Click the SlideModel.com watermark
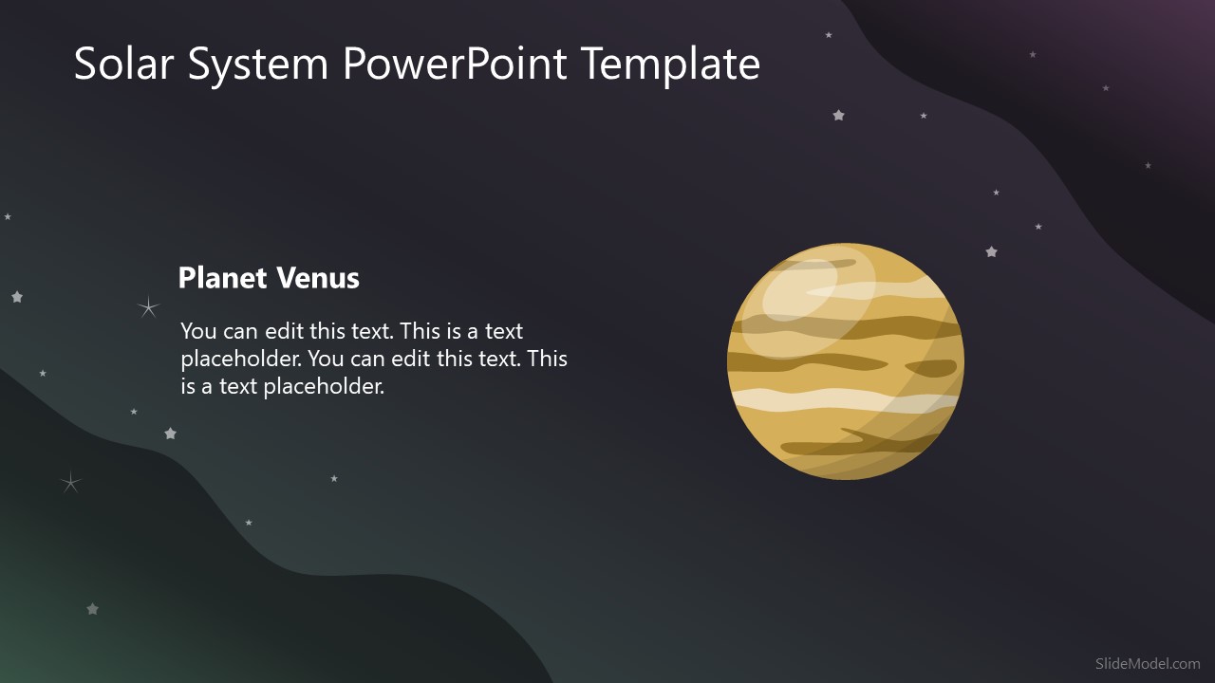click(1147, 664)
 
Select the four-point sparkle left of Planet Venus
click(148, 306)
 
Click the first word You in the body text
click(199, 331)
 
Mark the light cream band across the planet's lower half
click(835, 401)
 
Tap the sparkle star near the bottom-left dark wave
click(70, 483)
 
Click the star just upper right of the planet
click(991, 252)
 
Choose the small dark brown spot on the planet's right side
click(930, 368)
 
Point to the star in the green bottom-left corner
click(92, 609)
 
